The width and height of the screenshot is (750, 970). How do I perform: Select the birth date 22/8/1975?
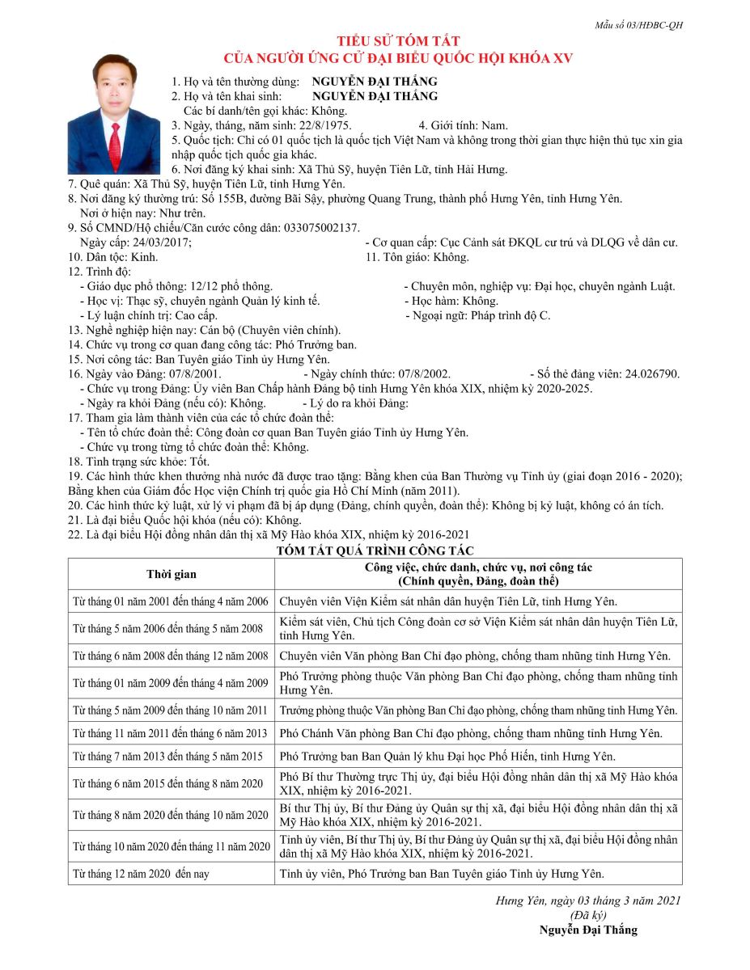(x=325, y=125)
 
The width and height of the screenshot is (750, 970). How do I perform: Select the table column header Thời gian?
(x=171, y=574)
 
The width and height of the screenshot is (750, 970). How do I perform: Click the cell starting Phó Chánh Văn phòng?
(x=471, y=733)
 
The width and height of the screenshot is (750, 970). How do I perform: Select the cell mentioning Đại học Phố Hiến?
(x=447, y=757)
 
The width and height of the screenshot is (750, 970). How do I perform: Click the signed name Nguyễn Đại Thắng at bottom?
(x=588, y=930)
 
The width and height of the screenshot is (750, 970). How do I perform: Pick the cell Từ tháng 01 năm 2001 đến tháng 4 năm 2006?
(x=171, y=601)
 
